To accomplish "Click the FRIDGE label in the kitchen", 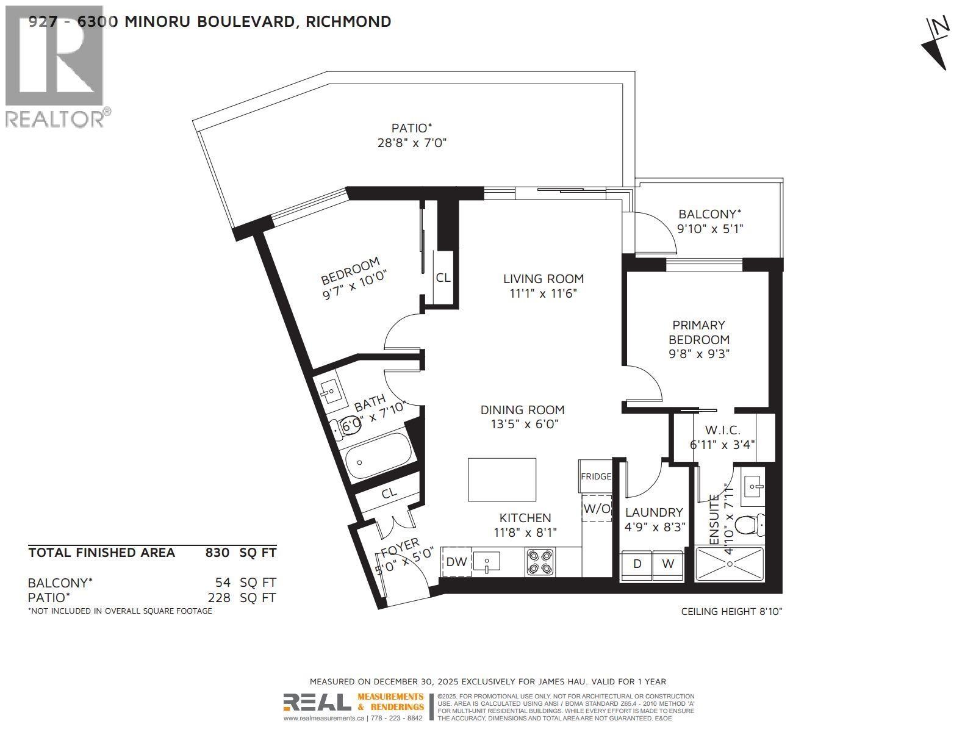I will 595,476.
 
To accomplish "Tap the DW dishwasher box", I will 456,562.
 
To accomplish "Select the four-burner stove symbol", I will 540,562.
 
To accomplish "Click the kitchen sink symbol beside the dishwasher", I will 486,561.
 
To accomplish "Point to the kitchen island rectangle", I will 502,479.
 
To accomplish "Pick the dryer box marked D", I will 637,564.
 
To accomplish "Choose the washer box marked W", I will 669,564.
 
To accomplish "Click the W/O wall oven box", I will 597,508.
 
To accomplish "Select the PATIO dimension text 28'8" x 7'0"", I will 412,143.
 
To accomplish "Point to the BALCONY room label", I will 709,214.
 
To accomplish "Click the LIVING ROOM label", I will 543,279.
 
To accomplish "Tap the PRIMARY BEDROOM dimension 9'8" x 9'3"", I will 699,354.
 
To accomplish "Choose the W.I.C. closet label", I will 723,430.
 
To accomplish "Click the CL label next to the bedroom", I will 443,278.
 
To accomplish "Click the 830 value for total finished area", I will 217,553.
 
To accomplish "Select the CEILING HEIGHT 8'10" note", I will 731,611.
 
